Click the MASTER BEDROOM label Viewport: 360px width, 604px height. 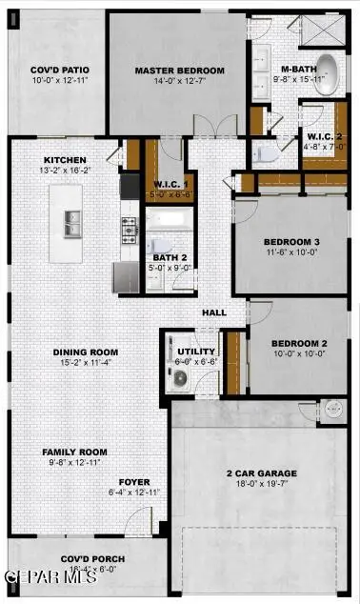[x=179, y=70]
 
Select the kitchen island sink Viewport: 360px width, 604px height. [x=66, y=225]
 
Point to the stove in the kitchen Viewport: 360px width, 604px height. [x=130, y=229]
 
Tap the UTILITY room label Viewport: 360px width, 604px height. [x=196, y=352]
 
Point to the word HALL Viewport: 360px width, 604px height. [x=212, y=312]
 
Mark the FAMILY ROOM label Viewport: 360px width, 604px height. [x=73, y=452]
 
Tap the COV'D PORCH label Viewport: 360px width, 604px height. [x=96, y=559]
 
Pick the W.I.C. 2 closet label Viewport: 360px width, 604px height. [x=324, y=136]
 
